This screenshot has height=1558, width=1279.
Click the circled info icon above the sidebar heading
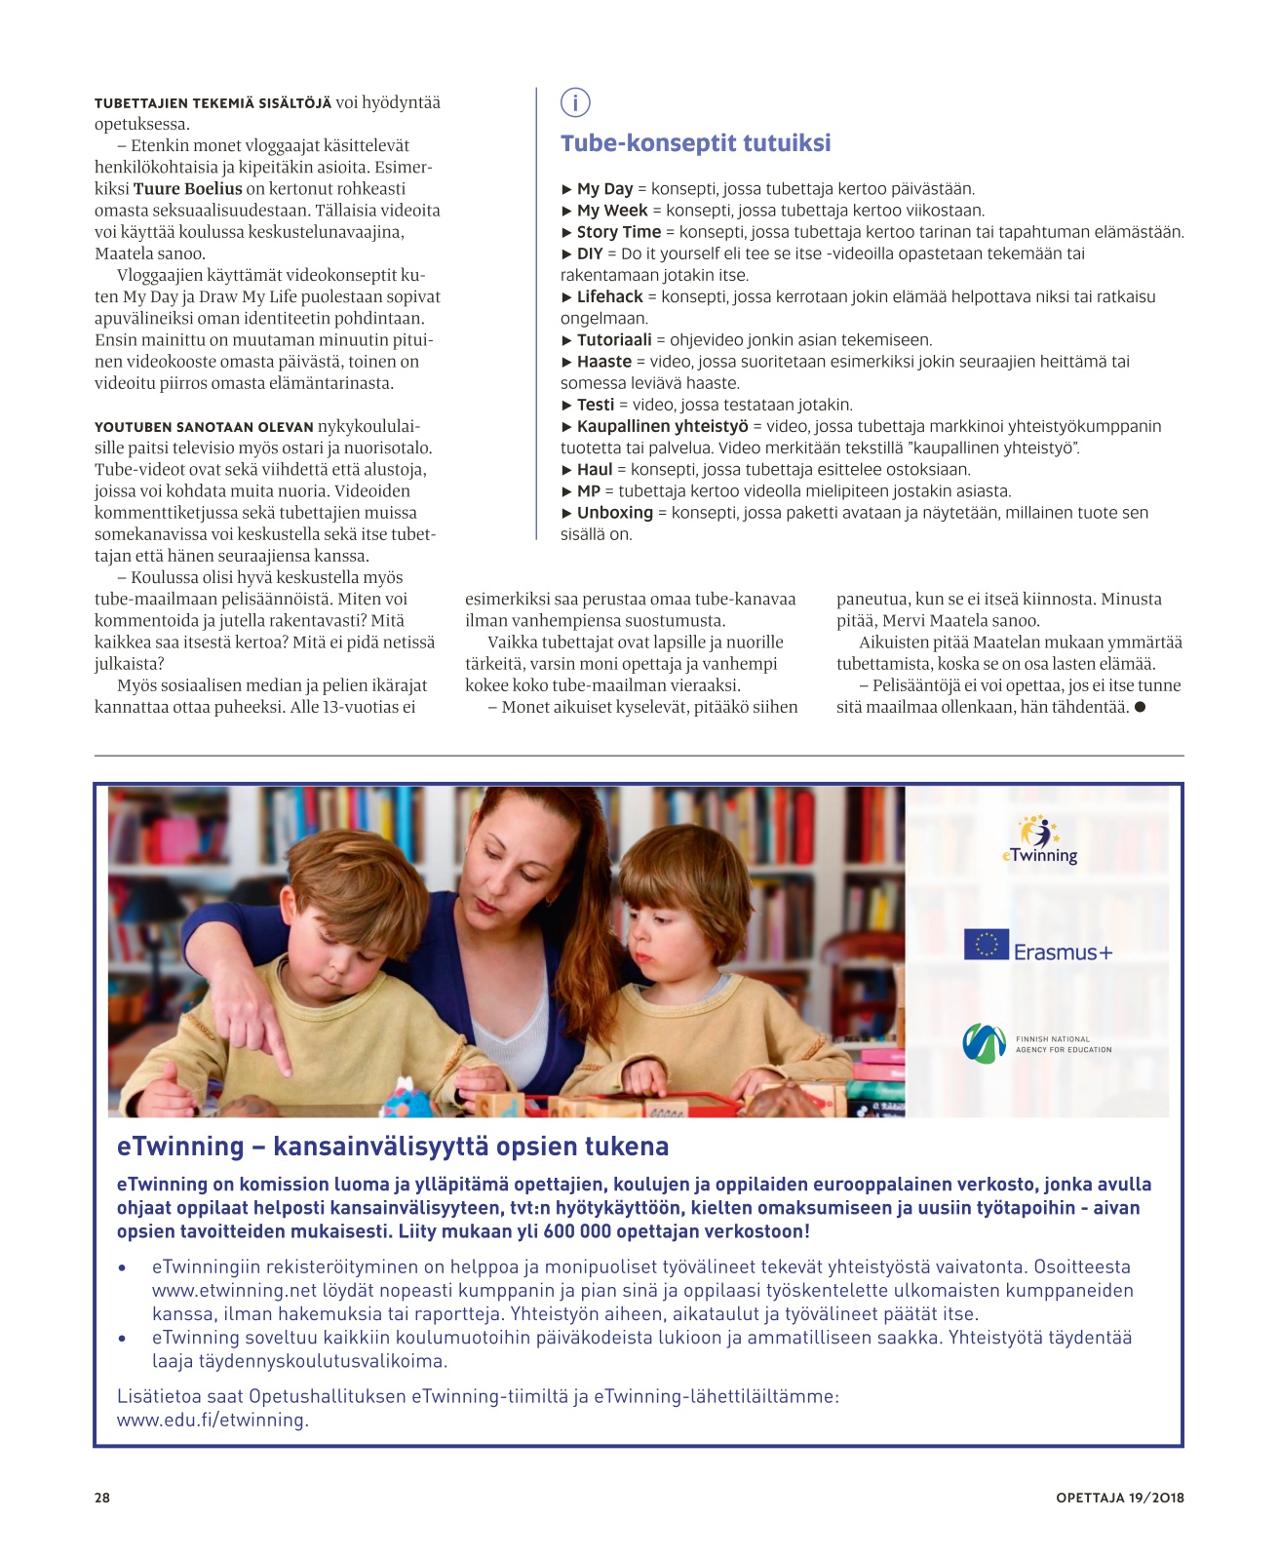(575, 101)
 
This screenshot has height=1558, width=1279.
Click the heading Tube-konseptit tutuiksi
(695, 143)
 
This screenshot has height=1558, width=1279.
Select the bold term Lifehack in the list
(609, 296)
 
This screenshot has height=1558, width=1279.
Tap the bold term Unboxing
(614, 513)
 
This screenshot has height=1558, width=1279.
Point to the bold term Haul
(595, 470)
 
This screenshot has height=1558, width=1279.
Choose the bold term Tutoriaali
(614, 340)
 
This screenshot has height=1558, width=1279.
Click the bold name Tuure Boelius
(187, 189)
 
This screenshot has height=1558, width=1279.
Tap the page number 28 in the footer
(102, 1498)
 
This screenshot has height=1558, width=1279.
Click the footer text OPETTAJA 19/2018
(1119, 1498)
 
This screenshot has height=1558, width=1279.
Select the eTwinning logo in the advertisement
(1039, 840)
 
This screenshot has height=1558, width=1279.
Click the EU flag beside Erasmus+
(986, 945)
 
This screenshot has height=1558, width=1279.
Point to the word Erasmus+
(1063, 953)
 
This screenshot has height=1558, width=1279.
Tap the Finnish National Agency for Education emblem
(984, 1043)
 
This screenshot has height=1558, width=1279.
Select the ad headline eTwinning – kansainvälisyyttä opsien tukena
(393, 1147)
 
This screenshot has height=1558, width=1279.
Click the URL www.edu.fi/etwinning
(213, 1421)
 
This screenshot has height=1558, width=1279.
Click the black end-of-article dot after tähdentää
(1140, 707)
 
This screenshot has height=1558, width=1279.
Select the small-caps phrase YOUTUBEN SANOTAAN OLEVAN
(204, 427)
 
